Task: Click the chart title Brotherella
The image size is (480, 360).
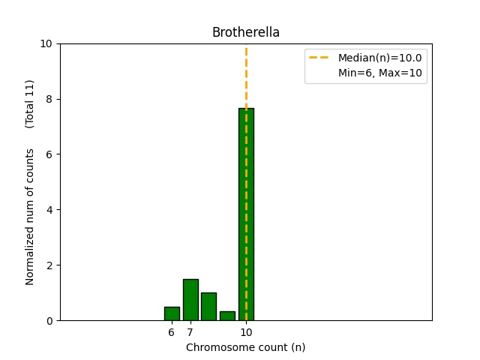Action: [x=246, y=32]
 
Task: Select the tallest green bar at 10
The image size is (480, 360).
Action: [x=246, y=214]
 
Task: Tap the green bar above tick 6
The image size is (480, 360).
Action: [x=172, y=313]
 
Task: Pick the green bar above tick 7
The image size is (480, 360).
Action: [x=190, y=300]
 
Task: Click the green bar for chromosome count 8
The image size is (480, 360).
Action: [x=208, y=307]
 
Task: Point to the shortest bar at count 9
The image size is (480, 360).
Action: [x=227, y=316]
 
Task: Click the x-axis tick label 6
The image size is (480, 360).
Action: [x=172, y=332]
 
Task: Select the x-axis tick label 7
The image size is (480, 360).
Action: [x=190, y=332]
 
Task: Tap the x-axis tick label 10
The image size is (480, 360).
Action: [x=246, y=332]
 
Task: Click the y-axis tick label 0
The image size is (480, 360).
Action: [x=50, y=321]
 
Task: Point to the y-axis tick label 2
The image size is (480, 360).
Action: [x=50, y=265]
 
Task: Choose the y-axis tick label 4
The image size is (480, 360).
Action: [x=50, y=210]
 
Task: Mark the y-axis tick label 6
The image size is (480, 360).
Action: [x=50, y=154]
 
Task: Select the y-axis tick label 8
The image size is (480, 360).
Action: [x=50, y=99]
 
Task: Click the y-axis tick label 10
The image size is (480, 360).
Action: [x=47, y=43]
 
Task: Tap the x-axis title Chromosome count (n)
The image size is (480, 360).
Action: [x=246, y=347]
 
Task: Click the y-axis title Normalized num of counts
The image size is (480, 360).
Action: [x=31, y=216]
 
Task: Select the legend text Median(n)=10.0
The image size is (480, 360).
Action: [x=379, y=58]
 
